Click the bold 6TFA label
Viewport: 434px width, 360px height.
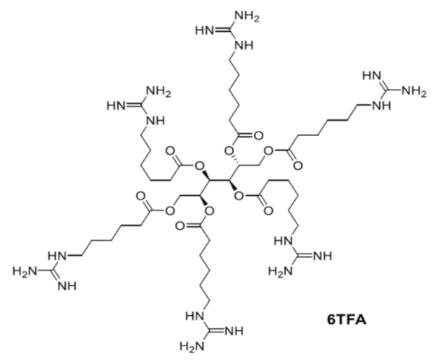point(346,320)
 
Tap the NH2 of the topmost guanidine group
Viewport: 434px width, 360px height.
point(247,17)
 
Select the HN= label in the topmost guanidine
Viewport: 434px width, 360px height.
point(205,30)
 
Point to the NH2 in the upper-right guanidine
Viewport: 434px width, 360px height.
point(414,90)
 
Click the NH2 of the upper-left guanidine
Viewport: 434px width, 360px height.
point(158,91)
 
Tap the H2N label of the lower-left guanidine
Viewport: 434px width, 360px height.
point(25,272)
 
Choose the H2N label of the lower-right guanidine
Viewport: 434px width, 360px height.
point(280,272)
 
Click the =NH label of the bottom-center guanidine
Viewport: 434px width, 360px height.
point(234,331)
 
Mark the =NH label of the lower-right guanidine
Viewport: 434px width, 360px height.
point(323,256)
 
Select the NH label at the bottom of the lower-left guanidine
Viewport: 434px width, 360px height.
point(67,286)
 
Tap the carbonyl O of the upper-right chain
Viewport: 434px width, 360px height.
point(298,166)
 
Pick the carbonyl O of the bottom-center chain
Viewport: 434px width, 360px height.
point(180,226)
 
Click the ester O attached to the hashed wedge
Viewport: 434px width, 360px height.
point(229,151)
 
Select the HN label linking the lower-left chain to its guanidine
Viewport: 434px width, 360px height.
point(57,256)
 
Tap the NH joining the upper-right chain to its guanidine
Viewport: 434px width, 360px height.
point(381,106)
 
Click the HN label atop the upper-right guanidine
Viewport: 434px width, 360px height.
point(372,75)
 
